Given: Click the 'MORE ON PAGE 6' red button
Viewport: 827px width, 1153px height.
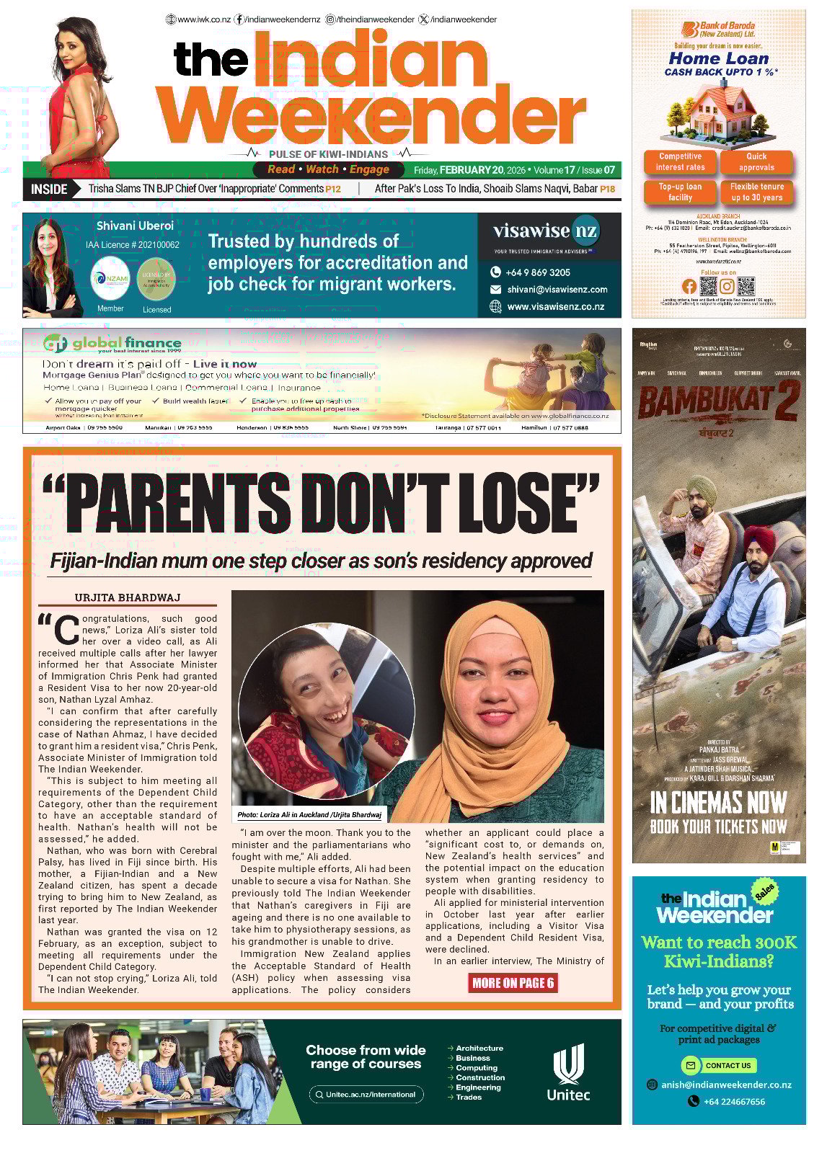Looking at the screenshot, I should [x=513, y=983].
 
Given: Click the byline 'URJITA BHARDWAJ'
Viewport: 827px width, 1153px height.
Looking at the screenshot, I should [x=128, y=597].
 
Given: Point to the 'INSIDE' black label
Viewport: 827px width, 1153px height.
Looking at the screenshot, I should [x=49, y=190].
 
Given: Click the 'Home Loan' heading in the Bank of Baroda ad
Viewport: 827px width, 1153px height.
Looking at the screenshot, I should [x=719, y=58].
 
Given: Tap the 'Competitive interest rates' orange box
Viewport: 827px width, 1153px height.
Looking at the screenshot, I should [x=680, y=162].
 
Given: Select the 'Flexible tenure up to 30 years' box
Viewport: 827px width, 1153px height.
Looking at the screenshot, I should [x=756, y=192].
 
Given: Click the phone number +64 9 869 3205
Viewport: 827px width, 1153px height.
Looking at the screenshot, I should [x=537, y=272].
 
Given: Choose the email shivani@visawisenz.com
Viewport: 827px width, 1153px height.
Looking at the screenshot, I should [x=557, y=290].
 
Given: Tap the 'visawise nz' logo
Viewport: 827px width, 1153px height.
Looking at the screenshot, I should [x=546, y=231].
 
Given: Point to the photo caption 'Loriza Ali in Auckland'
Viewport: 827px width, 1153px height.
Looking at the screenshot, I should [x=310, y=815].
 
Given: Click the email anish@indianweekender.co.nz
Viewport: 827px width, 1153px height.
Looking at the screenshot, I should [x=727, y=1085].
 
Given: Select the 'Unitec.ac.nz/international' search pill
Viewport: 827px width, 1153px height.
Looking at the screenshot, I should [x=366, y=1095].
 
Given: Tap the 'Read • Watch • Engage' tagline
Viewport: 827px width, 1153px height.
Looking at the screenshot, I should [x=328, y=170].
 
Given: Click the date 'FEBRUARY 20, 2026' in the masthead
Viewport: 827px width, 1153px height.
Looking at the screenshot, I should [x=482, y=171].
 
